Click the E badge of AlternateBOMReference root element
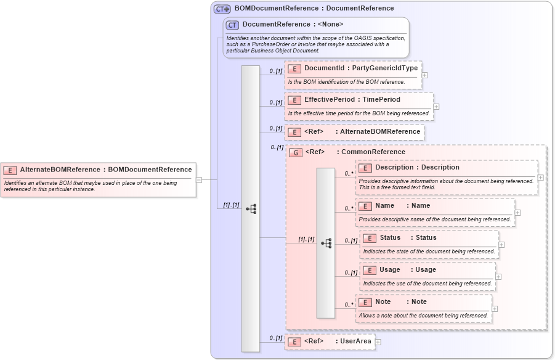[10, 170]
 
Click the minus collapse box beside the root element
[199, 180]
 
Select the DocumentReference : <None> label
[293, 25]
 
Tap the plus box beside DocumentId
[425, 75]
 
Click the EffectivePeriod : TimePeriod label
[352, 99]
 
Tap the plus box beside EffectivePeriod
[436, 107]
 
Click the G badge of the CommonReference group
[296, 152]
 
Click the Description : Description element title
[417, 167]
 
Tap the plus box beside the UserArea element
[378, 342]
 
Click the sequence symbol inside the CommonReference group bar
[326, 243]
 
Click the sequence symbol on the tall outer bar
[251, 209]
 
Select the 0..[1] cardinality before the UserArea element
[275, 338]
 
